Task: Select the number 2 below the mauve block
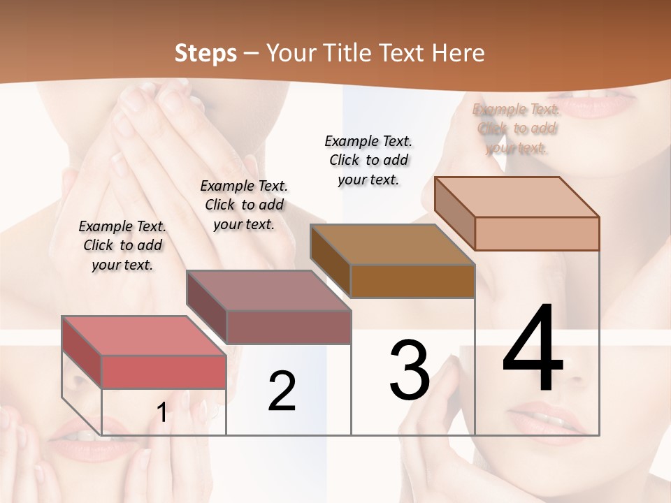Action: coord(282,391)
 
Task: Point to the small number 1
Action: coord(162,413)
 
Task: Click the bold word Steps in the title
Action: coord(205,53)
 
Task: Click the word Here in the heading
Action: coord(456,53)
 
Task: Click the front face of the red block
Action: coord(164,372)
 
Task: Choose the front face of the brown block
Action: coord(412,281)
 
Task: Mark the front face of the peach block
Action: coord(537,233)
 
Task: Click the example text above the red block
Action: coord(122,246)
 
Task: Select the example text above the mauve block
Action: coord(244,205)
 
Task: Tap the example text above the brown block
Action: coord(369,160)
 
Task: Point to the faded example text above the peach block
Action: coord(517,129)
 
